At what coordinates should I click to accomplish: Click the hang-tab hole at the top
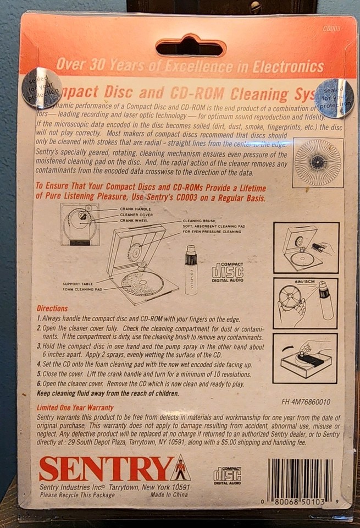click(x=191, y=47)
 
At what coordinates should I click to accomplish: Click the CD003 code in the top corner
click(x=331, y=29)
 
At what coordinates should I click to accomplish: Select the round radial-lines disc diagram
click(x=318, y=162)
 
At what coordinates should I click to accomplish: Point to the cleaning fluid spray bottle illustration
click(x=191, y=270)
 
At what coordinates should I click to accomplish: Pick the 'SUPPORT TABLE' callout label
click(x=76, y=283)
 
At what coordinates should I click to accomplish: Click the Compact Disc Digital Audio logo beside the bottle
click(x=228, y=271)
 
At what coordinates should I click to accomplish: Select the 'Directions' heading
click(x=52, y=309)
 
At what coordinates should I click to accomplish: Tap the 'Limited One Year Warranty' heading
click(x=75, y=408)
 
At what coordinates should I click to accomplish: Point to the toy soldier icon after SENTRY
click(x=180, y=469)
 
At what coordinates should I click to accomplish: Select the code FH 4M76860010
click(x=306, y=402)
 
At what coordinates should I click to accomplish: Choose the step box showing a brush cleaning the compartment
click(x=306, y=248)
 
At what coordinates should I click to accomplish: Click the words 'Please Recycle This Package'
click(x=77, y=496)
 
